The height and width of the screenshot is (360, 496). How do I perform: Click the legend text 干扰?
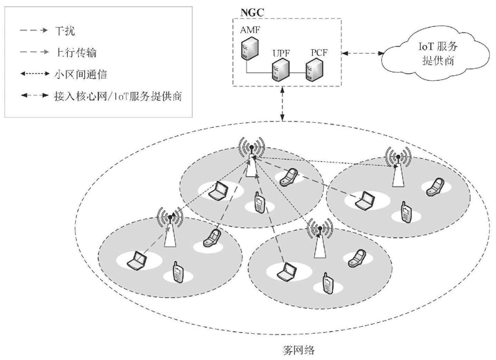(64, 30)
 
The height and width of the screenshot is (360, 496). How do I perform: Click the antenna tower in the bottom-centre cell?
(318, 239)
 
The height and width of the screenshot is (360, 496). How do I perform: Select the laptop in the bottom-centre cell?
(284, 273)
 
